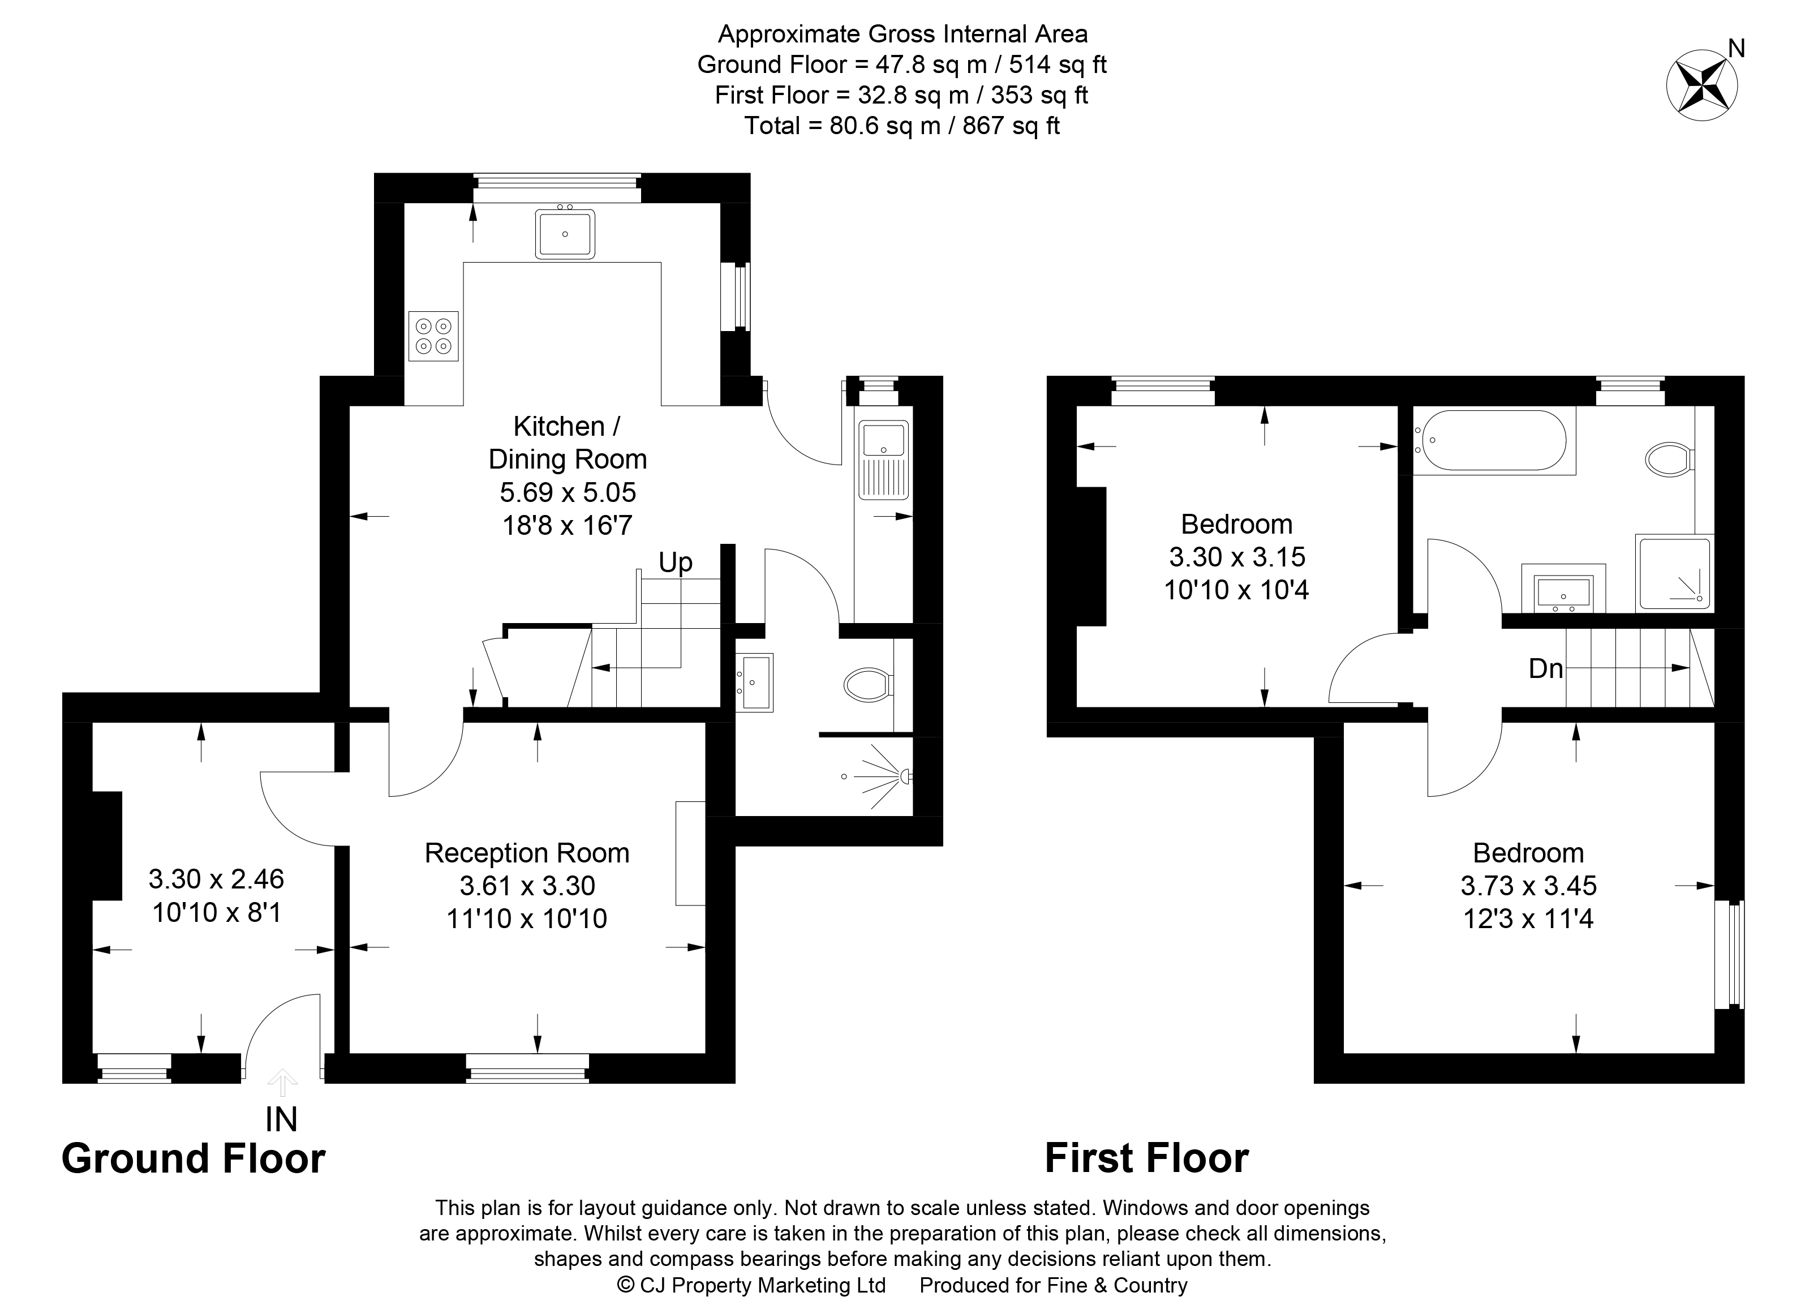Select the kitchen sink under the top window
[x=565, y=234]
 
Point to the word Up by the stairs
[x=675, y=563]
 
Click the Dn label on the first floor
[x=1545, y=668]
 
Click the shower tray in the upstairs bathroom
[x=1673, y=573]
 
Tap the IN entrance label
[x=281, y=1119]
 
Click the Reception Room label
[x=527, y=853]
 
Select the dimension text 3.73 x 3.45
[x=1528, y=886]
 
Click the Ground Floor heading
[x=194, y=1158]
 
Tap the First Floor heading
[x=1146, y=1158]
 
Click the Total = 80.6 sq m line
[x=902, y=126]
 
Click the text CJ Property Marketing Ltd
[x=762, y=1285]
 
